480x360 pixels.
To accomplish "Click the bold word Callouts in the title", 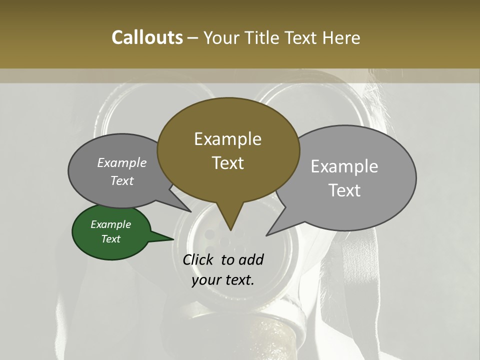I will [x=147, y=37].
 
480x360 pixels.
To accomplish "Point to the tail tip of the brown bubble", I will [x=230, y=229].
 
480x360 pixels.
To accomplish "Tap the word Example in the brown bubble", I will [x=227, y=139].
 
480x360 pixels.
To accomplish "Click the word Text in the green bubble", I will [x=110, y=239].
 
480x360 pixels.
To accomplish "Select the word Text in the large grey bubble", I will [x=344, y=190].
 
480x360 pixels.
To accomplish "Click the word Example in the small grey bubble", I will [x=122, y=163].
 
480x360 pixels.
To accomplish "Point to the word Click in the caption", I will [x=198, y=260].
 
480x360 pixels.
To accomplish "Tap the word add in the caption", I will [x=251, y=260].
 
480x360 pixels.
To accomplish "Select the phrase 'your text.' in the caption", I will [x=223, y=280].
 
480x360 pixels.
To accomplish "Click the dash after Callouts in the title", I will [x=192, y=37].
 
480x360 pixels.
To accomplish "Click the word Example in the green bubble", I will [x=110, y=224].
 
